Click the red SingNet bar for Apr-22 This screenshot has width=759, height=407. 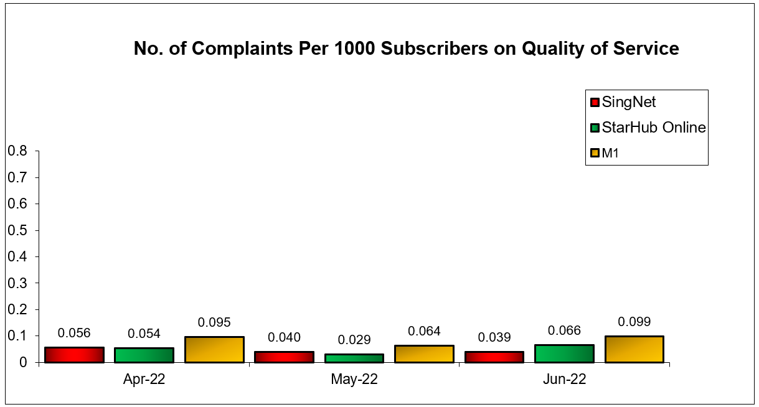[74, 355]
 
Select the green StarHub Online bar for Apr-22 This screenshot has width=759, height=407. [144, 355]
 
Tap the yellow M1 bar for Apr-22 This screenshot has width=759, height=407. [214, 350]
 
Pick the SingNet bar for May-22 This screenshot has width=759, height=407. [284, 357]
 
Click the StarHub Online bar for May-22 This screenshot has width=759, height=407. [354, 358]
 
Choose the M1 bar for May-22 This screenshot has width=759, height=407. [424, 353]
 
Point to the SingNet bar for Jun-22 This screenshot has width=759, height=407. [494, 357]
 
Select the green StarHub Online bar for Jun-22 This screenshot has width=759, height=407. [564, 353]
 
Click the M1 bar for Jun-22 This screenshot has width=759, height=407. [634, 349]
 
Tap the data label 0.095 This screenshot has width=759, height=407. [214, 322]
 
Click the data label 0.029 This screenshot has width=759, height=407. [354, 340]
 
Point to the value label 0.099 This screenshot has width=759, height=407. [634, 322]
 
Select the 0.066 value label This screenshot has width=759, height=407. [564, 330]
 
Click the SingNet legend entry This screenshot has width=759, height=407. [628, 102]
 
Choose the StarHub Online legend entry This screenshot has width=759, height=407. [653, 128]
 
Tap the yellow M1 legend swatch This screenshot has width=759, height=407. [595, 153]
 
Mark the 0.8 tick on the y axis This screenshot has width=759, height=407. [19, 151]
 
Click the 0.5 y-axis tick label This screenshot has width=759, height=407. [19, 230]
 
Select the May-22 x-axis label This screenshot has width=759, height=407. [354, 380]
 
